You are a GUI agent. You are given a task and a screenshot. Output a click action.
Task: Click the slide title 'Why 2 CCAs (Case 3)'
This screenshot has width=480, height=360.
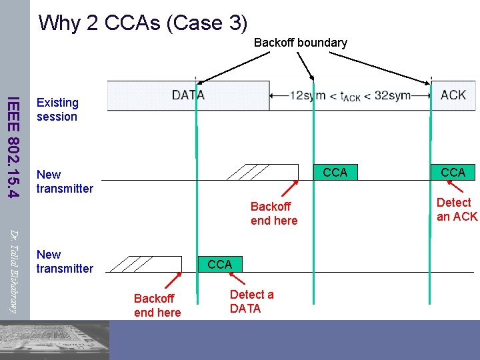[x=143, y=23]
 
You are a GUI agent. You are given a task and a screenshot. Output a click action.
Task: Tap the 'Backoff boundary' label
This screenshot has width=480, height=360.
[x=300, y=43]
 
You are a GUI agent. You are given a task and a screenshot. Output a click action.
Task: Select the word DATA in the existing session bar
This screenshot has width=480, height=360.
[x=188, y=95]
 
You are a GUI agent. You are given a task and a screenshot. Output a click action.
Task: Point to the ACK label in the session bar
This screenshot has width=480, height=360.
[x=453, y=95]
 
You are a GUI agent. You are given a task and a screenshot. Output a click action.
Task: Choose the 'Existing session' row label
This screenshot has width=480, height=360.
[x=57, y=110]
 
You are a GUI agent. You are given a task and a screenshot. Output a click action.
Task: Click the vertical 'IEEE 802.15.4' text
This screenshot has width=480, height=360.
[x=11, y=147]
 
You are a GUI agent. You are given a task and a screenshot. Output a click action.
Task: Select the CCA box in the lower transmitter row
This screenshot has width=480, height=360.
[x=219, y=265]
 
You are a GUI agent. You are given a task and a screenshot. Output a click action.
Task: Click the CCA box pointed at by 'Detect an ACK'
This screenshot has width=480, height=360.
[x=453, y=173]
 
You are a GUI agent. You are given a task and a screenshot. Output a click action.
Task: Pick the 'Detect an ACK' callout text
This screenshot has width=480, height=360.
[x=457, y=209]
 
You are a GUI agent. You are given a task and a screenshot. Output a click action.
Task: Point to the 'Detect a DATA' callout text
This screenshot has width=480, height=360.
[x=251, y=301]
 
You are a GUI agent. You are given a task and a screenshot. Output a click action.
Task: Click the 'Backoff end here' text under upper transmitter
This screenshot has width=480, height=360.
[x=273, y=213]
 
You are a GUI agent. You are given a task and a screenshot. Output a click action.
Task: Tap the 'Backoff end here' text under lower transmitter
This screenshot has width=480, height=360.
[x=157, y=305]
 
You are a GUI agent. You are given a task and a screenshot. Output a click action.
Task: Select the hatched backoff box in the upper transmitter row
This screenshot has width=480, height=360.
[x=263, y=172]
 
